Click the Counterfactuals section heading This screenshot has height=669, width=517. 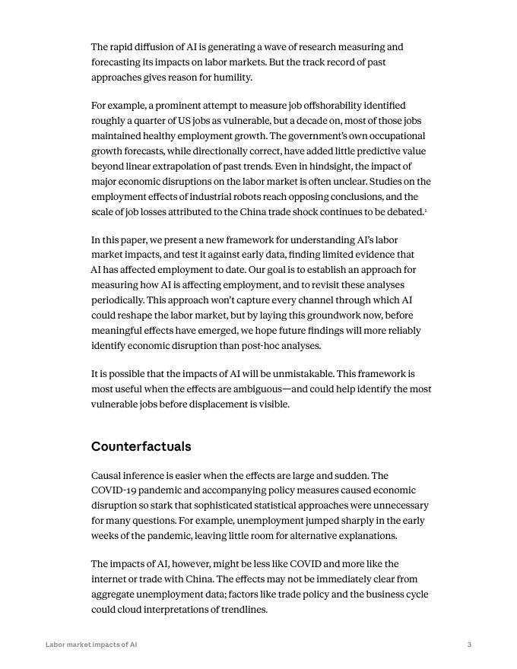pyautogui.click(x=141, y=446)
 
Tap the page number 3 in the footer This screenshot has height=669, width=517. pyautogui.click(x=469, y=645)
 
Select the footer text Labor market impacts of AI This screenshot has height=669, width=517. pyautogui.click(x=91, y=645)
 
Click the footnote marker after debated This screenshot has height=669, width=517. pyautogui.click(x=426, y=211)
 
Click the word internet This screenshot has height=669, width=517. pyautogui.click(x=112, y=579)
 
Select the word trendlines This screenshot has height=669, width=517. pyautogui.click(x=240, y=610)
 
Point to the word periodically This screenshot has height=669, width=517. pyautogui.click(x=117, y=300)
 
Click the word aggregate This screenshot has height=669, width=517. pyautogui.click(x=115, y=594)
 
